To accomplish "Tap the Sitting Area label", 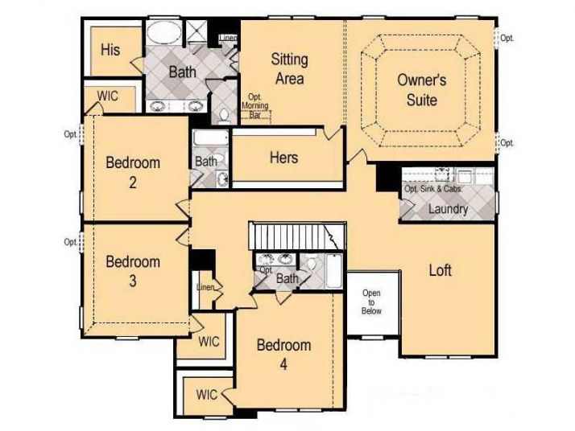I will tap(287, 68).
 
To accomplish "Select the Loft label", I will tap(440, 270).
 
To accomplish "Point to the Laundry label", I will tap(448, 209).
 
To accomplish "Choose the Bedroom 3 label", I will tap(133, 271).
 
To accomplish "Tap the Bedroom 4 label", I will tap(283, 355).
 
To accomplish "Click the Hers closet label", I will tap(283, 158).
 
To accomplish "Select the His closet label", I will tap(110, 49).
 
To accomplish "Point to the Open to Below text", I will tap(371, 302).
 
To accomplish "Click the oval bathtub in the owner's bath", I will tap(165, 34).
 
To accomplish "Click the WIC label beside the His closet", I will tap(108, 96).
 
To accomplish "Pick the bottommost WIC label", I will tap(207, 395).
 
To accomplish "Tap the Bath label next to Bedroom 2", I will tap(206, 161).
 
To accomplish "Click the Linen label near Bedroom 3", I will tap(204, 287).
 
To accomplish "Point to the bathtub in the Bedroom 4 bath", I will tap(332, 270).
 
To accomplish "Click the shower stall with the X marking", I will tap(197, 31).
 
